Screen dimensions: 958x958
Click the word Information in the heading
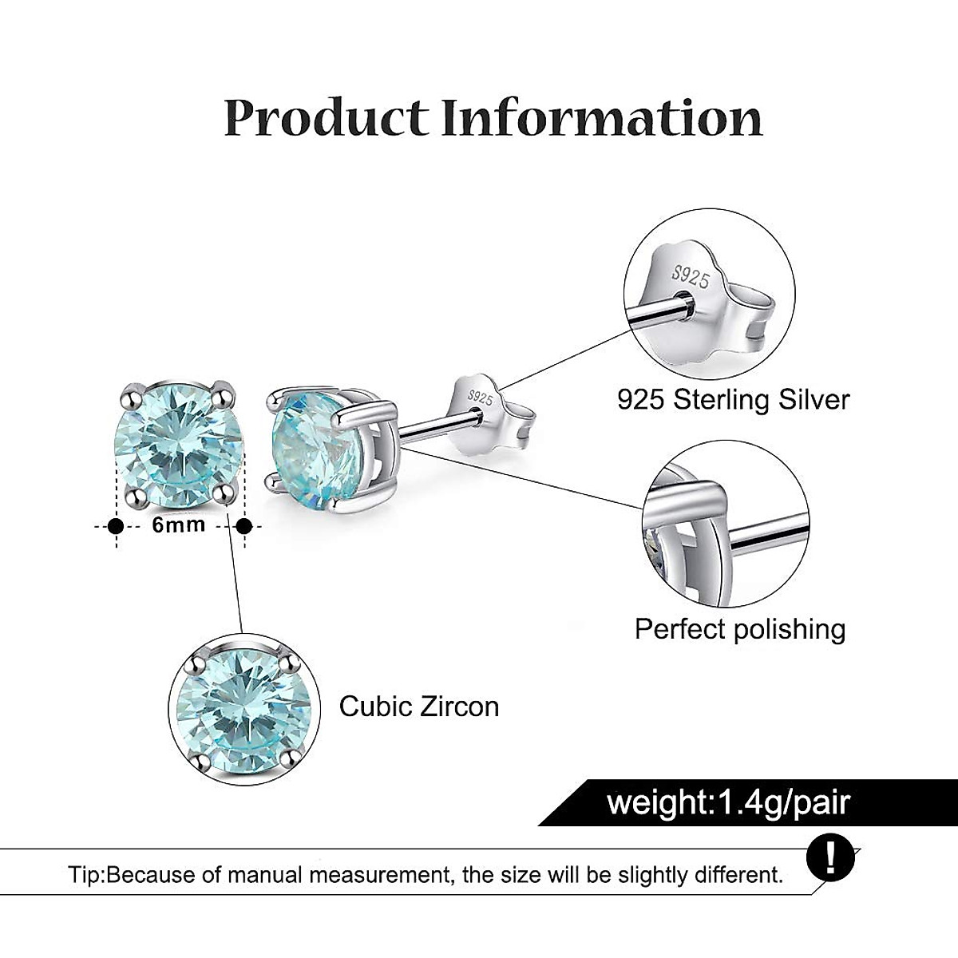click(603, 117)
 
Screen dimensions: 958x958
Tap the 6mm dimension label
click(179, 525)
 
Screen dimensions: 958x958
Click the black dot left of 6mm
click(116, 526)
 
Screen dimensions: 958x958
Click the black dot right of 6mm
click(244, 526)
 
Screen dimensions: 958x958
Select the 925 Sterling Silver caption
click(733, 399)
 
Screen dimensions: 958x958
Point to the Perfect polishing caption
click(739, 629)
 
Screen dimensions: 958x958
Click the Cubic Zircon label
click(419, 707)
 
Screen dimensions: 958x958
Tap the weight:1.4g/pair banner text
click(728, 802)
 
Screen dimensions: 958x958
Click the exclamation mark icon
click(830, 858)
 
